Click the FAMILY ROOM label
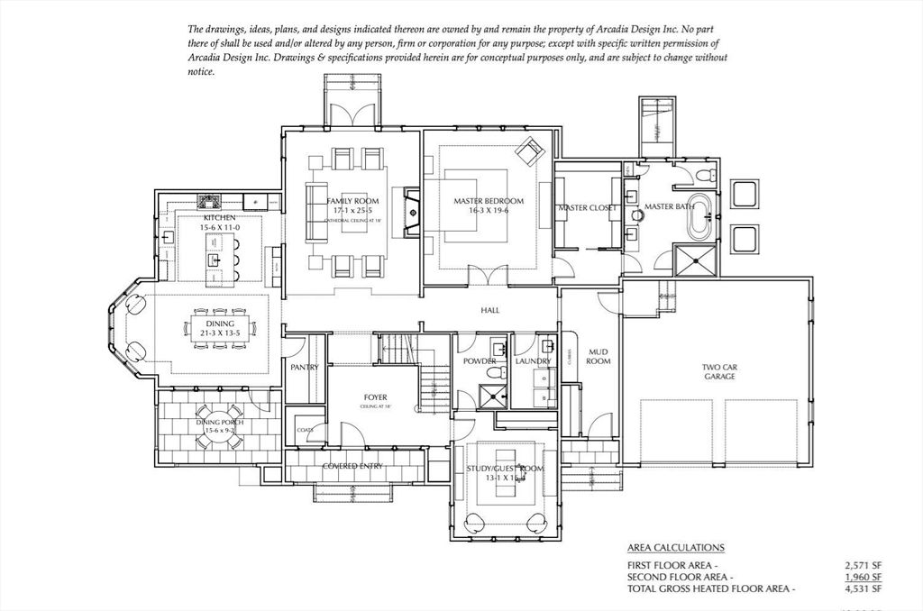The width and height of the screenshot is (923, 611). coord(352,201)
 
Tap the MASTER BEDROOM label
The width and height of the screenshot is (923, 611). coord(489,200)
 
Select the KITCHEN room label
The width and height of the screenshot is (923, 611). coord(220,218)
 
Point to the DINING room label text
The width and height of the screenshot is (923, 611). coord(220,324)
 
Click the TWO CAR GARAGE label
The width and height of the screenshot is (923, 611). coord(719,371)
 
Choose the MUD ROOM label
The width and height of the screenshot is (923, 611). coord(599,357)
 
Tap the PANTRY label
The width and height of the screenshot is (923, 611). coord(305,368)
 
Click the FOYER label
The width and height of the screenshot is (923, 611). coord(375,397)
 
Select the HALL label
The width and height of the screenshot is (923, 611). coord(490,310)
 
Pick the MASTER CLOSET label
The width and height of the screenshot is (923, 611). coord(587,208)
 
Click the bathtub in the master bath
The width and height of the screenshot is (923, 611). coord(700,215)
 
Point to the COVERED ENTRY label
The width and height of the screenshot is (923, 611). coord(352,466)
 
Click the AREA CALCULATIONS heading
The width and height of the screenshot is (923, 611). coord(675,547)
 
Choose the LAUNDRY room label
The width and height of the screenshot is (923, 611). coord(533,361)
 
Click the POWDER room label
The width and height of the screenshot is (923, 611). coord(480,361)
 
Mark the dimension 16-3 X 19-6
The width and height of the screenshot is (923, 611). coord(489,210)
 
